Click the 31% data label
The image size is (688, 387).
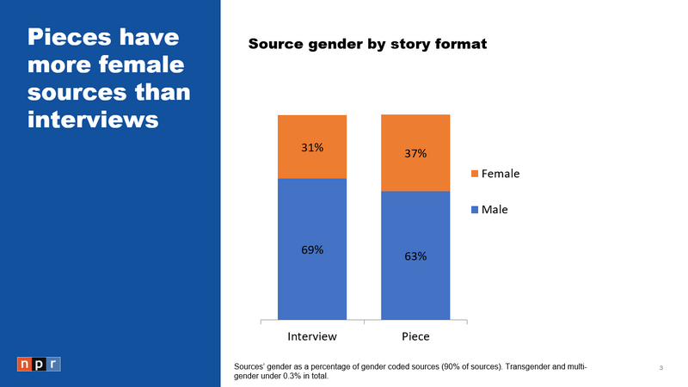(312, 147)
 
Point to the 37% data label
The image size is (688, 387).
(415, 154)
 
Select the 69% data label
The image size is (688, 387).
(312, 249)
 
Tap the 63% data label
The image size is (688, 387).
(415, 255)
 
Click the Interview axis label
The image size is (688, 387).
(311, 335)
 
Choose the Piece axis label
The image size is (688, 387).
(415, 335)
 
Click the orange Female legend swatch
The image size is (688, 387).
(474, 174)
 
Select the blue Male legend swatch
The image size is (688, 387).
(474, 208)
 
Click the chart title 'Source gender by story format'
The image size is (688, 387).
(368, 44)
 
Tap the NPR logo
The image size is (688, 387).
(39, 364)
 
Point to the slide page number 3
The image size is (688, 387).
(660, 369)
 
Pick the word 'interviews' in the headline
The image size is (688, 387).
(93, 119)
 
